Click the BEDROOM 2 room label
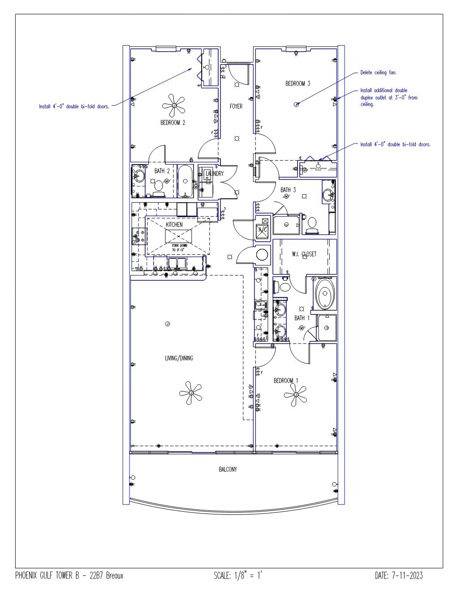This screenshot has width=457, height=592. [172, 122]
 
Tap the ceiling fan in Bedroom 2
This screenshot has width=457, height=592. [174, 105]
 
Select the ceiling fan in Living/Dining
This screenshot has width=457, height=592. [191, 392]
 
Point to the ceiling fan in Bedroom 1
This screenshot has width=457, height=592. [296, 395]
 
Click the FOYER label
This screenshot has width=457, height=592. [236, 106]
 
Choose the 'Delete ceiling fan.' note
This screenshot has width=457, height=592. [378, 73]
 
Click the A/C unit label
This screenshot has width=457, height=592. [263, 230]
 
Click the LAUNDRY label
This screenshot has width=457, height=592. [215, 173]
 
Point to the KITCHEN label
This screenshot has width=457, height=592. [174, 225]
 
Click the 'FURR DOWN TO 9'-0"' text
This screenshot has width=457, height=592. [180, 248]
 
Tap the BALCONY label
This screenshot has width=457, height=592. [228, 469]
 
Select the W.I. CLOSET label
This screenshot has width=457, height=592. [304, 254]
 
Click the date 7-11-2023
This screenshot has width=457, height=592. [407, 575]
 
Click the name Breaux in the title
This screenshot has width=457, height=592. [115, 575]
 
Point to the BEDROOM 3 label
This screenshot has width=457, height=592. [298, 83]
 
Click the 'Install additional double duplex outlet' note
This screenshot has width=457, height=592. [389, 97]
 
